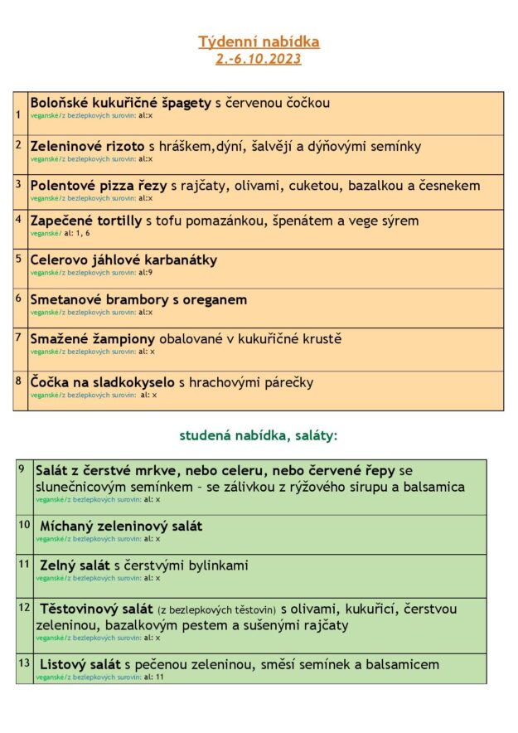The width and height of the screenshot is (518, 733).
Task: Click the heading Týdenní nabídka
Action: tap(259, 41)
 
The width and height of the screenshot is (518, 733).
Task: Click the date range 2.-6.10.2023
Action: tap(259, 59)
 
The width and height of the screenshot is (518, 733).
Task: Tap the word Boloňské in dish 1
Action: tap(59, 103)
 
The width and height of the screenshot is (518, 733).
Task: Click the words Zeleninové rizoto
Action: tap(87, 147)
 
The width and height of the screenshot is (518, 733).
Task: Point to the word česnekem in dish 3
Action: tap(449, 186)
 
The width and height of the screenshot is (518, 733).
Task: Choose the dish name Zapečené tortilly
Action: tap(86, 221)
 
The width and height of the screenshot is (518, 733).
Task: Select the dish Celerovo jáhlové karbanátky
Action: tap(123, 260)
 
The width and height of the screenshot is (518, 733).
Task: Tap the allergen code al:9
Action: tap(146, 272)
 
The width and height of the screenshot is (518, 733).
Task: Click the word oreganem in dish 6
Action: tap(215, 299)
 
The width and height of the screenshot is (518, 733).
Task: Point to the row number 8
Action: tap(19, 381)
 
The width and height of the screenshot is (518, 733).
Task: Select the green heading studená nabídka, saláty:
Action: tap(259, 434)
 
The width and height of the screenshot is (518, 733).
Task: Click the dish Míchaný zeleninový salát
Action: tap(121, 526)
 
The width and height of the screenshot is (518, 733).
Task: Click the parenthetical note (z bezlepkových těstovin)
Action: tap(217, 609)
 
